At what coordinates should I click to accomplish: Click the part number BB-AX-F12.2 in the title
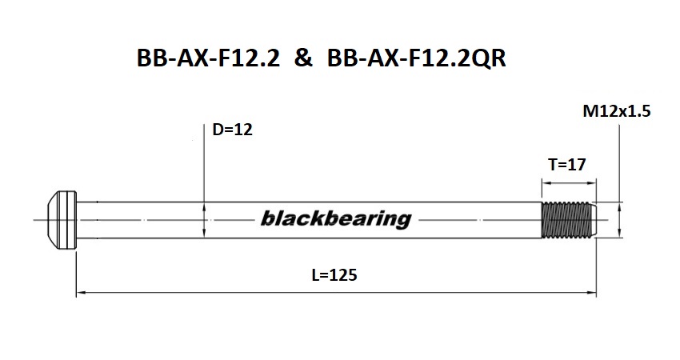coord(209,60)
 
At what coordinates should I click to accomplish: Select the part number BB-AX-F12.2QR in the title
coord(417,60)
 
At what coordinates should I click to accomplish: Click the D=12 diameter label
coord(232,129)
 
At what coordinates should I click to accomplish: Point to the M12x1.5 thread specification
coord(617,112)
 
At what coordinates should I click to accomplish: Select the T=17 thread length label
coord(567,165)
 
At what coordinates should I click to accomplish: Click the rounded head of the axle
coord(61,218)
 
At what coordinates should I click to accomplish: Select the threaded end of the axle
coord(568,218)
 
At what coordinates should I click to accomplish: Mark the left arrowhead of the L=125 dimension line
coord(81,294)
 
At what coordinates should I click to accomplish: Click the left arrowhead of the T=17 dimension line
coord(546,181)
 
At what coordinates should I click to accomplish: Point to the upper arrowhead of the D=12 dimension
coord(205,205)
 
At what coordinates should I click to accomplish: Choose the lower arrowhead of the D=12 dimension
coord(205,232)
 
